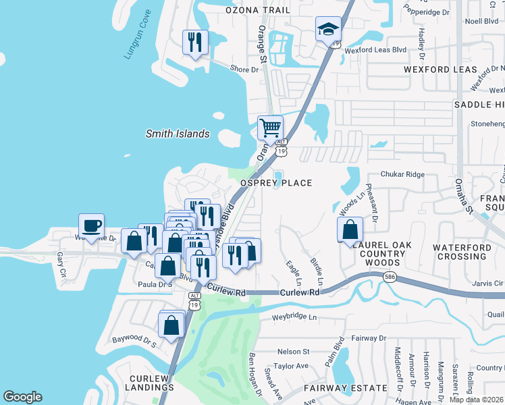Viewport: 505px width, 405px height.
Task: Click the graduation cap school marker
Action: click(328, 30)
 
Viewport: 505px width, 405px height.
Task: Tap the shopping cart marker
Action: click(270, 128)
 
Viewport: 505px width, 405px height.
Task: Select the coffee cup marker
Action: click(92, 226)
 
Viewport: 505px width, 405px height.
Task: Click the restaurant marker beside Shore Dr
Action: click(195, 43)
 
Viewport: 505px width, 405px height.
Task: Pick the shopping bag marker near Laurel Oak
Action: click(350, 230)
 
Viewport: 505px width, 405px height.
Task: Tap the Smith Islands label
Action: click(178, 134)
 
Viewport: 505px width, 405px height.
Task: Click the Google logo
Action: click(22, 397)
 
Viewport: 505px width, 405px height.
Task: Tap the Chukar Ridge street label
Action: click(402, 174)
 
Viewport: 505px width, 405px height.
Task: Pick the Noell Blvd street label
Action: click(481, 21)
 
